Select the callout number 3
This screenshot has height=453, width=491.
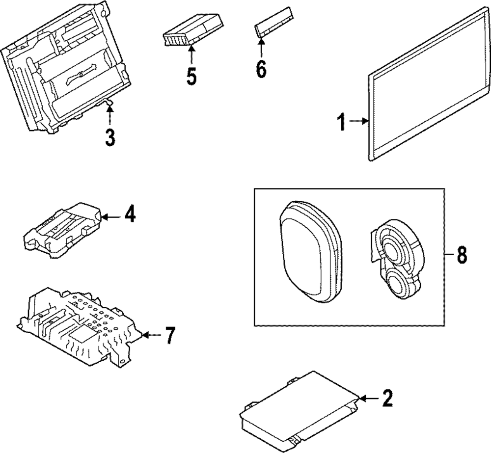tap(110, 137)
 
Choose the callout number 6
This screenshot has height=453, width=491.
tap(261, 69)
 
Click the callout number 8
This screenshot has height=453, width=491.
tap(462, 255)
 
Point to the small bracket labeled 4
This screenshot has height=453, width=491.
tap(64, 228)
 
